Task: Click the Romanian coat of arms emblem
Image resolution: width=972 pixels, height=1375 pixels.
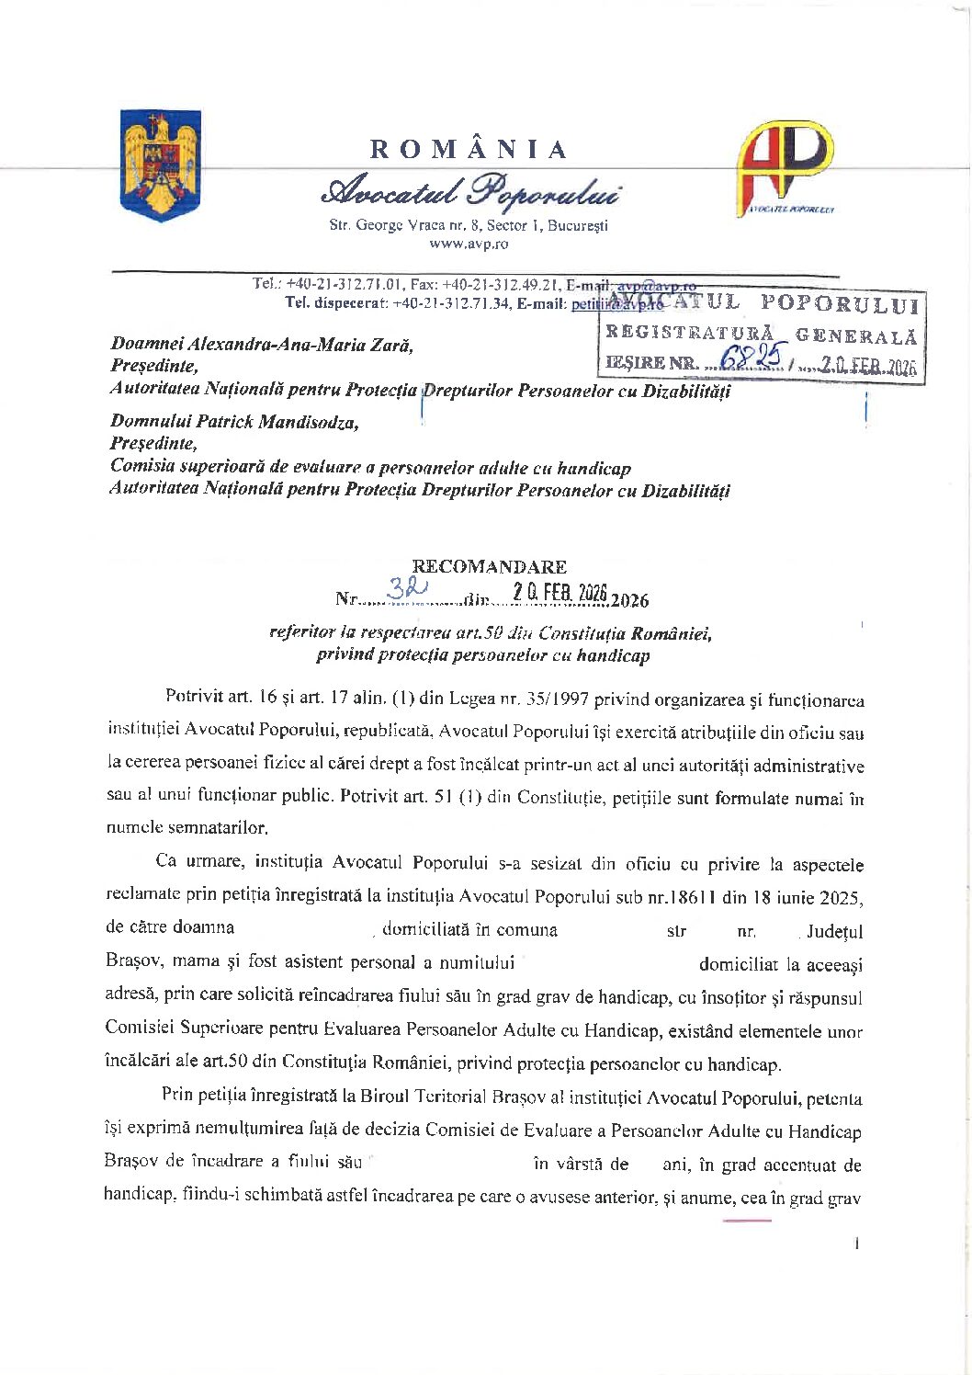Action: point(161,165)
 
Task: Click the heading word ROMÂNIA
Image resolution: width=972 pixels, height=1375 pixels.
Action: point(469,149)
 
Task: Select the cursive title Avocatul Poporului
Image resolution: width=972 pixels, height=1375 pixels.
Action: point(469,190)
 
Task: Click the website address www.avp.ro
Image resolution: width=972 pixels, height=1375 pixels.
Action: point(469,244)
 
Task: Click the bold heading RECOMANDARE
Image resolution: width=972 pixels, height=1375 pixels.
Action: point(489,566)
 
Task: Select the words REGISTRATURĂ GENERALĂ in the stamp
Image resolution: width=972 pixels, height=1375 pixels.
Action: point(761,334)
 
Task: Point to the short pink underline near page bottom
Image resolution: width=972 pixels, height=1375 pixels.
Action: point(747,1221)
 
